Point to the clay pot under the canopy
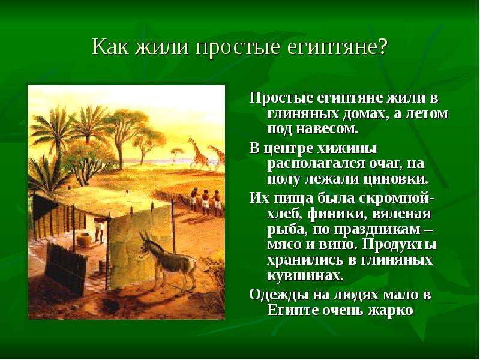point(84,241)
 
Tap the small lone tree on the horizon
point(176,155)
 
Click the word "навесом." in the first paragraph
point(328,128)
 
